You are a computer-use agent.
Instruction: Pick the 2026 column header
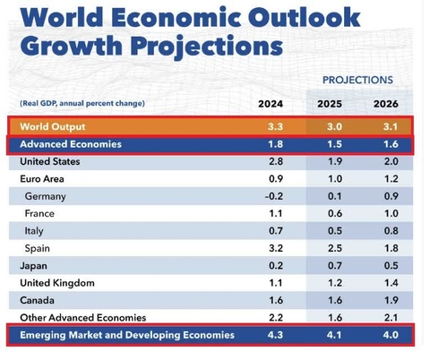385,103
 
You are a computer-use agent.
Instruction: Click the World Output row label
56,127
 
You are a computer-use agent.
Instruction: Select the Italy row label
37,231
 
